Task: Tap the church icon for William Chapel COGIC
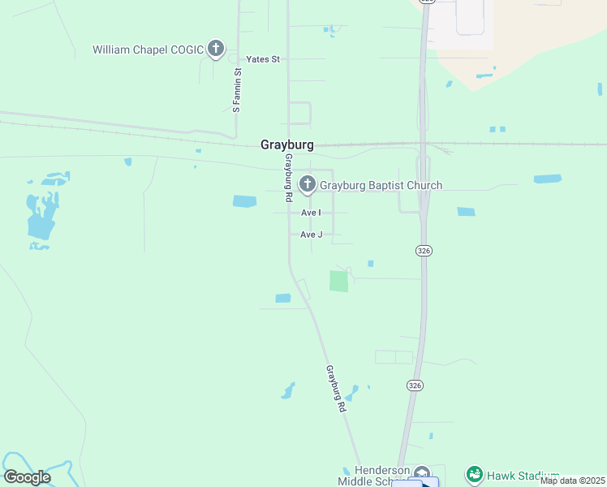(216, 50)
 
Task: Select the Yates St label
(263, 59)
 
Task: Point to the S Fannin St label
(237, 90)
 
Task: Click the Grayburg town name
(286, 145)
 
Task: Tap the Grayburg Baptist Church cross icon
(307, 185)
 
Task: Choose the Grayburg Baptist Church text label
(381, 186)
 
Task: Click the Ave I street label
(311, 213)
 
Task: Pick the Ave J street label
(312, 235)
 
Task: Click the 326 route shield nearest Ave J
(424, 251)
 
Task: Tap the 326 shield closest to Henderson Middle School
(415, 385)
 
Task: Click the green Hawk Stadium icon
(475, 474)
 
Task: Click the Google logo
(27, 477)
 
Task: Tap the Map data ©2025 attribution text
(573, 481)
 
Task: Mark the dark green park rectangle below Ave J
(338, 282)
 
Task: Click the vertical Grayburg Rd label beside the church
(287, 179)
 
